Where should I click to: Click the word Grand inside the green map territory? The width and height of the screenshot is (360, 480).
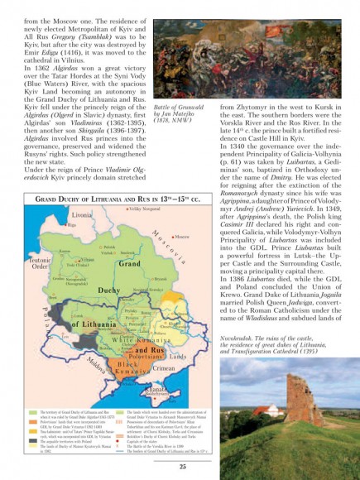click(129, 263)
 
